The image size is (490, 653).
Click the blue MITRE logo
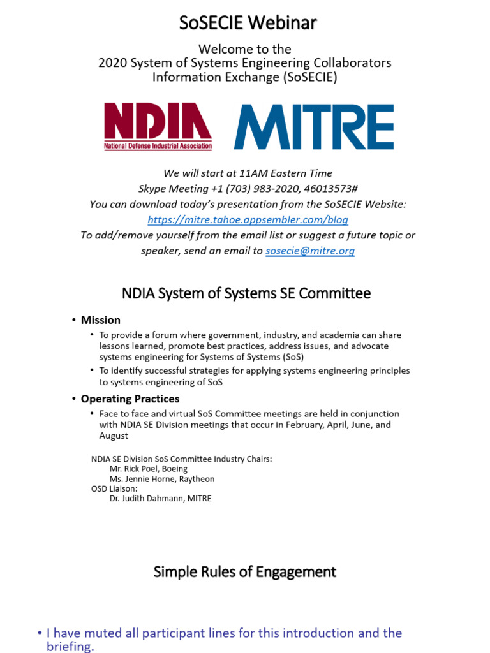point(314,127)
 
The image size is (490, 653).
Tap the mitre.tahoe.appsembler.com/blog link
point(248,220)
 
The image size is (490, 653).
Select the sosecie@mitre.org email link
point(310,251)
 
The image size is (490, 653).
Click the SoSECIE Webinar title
point(248,23)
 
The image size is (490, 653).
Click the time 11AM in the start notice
point(253,173)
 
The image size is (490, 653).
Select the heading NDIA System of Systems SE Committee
point(246,294)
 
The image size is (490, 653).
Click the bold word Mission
point(100,320)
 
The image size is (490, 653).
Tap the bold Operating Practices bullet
point(130,399)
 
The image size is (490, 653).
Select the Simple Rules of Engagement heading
point(245,571)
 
